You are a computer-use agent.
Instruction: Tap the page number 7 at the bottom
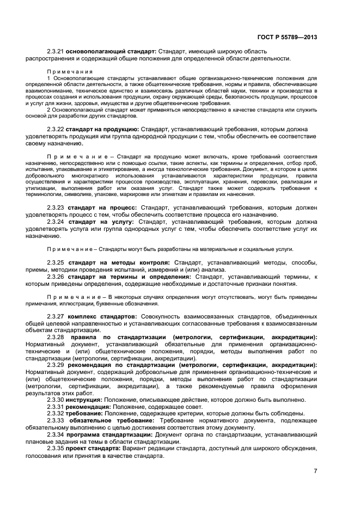(x=315, y=471)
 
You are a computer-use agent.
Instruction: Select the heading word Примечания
(x=70, y=71)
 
